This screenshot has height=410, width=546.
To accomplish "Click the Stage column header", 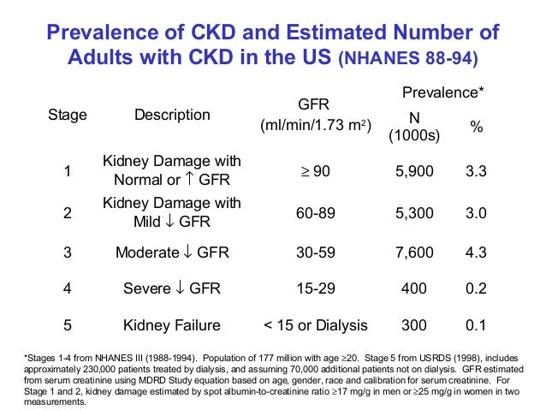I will point(67,115).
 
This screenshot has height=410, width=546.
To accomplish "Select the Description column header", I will point(171,115).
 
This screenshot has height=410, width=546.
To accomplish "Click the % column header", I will point(476,126).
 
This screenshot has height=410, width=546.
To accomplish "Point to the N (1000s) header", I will point(414,126).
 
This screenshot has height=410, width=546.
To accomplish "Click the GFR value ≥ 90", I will point(314,171).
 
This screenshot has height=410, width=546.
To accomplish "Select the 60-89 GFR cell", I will point(314,214).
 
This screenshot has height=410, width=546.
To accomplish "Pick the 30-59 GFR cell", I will point(314,253).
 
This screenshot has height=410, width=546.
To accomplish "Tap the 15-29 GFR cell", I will point(314,288).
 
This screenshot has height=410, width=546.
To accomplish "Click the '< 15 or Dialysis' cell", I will point(314,325).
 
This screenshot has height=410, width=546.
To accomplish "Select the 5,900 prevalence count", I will point(414,171).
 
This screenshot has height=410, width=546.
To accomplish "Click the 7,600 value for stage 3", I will point(414,253).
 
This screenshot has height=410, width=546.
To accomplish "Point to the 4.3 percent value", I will point(476,253).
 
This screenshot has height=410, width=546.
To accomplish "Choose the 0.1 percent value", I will point(476,325).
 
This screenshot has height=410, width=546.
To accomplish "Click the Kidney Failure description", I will point(171,325).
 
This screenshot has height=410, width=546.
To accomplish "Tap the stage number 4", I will point(67,288).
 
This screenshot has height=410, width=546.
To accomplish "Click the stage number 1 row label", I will point(67,171).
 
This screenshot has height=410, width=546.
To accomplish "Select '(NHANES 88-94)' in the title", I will point(408,62).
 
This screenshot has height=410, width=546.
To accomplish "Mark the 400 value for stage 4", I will point(414,288).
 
